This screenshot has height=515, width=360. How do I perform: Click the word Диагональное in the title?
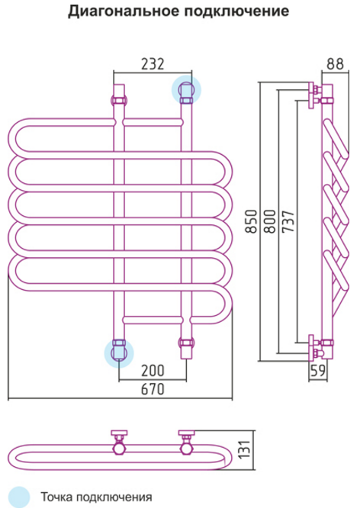pos(124,11)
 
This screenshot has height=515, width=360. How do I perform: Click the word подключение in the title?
pos(237,11)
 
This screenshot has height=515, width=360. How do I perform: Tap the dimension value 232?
pos(153,64)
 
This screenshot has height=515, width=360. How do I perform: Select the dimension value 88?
pos(335,64)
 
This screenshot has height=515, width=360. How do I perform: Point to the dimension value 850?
pos(251,221)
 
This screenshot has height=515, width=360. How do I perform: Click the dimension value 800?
pos(270,221)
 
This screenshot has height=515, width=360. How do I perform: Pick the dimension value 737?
pos(288,221)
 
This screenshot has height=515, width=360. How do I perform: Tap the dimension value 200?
pos(153,371)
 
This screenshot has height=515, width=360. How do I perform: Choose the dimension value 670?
pos(153,389)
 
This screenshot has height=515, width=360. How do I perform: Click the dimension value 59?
pos(318,371)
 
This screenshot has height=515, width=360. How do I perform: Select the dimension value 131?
pos(246,449)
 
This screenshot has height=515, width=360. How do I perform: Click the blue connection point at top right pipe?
pos(186,90)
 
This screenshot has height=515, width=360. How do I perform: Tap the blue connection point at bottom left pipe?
pos(119,352)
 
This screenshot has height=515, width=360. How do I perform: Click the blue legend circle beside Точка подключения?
pos(19,497)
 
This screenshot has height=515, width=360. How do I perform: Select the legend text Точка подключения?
pos(96,497)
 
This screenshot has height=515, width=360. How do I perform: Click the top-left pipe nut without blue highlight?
pos(119,100)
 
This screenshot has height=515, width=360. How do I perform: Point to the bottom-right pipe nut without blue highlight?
pos(186,343)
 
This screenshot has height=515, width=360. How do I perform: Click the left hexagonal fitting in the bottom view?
pos(119,449)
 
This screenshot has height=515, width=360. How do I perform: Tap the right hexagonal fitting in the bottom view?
pos(186,449)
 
